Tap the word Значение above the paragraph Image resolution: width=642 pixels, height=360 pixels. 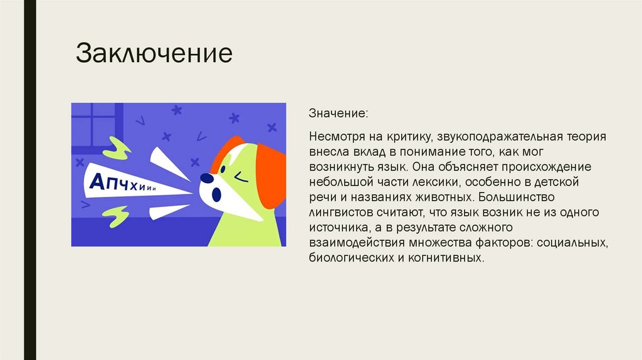tap(338, 115)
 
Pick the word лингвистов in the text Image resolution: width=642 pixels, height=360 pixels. tap(336, 213)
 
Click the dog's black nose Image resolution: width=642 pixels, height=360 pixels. tap(205, 178)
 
